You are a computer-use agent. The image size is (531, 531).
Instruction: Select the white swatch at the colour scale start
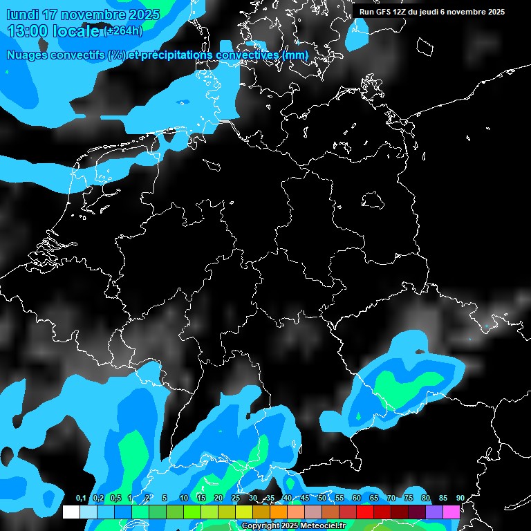tap(71, 512)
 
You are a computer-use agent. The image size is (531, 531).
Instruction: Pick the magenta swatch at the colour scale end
tap(451, 512)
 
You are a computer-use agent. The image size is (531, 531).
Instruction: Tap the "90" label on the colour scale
tap(460, 498)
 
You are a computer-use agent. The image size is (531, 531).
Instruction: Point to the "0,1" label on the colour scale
tap(80, 498)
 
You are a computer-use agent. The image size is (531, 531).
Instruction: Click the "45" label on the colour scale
tap(305, 498)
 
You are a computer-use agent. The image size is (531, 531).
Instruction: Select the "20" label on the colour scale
tap(218, 498)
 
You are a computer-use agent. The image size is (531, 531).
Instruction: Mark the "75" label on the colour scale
tap(409, 498)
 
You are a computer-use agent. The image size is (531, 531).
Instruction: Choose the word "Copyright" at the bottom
tap(260, 526)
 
